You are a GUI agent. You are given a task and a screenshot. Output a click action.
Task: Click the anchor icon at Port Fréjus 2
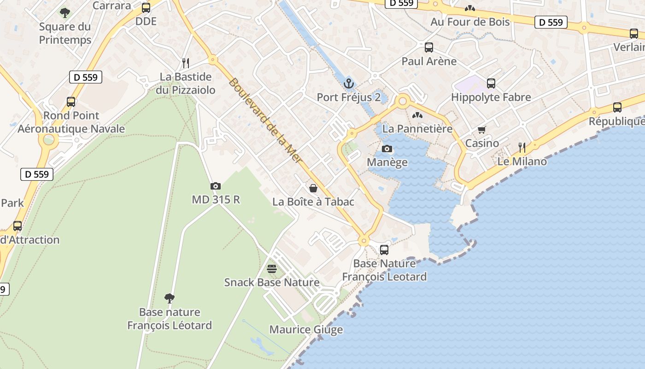click(349, 83)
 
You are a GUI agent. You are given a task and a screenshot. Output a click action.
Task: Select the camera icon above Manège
click(387, 149)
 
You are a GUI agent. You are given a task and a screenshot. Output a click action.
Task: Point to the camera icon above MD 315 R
click(215, 186)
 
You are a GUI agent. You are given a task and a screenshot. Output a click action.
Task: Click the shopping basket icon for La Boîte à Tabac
click(313, 188)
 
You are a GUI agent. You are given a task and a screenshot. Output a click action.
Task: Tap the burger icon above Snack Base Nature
click(272, 268)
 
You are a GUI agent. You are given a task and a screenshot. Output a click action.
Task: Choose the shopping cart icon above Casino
click(482, 130)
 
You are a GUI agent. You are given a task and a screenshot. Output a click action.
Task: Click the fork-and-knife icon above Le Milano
click(522, 148)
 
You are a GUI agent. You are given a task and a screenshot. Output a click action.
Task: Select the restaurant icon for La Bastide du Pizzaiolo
click(186, 63)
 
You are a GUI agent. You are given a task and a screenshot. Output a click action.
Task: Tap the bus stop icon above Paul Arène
click(429, 47)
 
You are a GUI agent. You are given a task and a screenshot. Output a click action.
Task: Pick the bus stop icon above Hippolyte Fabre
click(491, 83)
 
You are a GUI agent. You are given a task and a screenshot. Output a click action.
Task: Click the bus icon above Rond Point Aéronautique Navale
click(71, 101)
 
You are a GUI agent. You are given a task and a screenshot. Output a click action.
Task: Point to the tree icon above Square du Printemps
click(65, 12)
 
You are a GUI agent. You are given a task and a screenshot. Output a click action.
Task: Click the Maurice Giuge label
click(306, 330)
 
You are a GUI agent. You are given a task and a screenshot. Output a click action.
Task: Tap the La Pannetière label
click(417, 129)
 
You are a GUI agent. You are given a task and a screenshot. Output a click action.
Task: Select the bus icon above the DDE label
click(146, 7)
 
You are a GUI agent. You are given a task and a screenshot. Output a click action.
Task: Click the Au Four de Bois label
click(470, 22)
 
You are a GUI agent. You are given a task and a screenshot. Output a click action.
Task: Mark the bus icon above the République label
click(617, 107)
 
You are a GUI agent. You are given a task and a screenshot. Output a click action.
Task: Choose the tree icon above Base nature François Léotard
click(170, 298)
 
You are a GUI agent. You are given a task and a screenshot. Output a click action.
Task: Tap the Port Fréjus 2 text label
click(349, 97)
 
